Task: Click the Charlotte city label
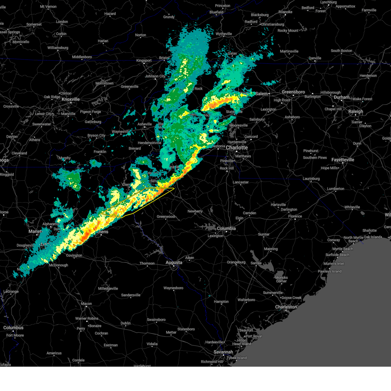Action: tap(237, 148)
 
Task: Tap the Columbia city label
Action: tap(226, 228)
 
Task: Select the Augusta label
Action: tap(174, 262)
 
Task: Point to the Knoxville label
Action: tap(70, 99)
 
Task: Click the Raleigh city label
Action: tap(355, 111)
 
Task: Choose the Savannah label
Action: tap(223, 352)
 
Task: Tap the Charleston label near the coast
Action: tap(286, 307)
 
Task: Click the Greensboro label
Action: tap(293, 92)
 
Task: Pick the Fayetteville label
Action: tap(343, 160)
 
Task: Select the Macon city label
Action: tap(86, 304)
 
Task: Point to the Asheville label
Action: tap(145, 124)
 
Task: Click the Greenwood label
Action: tap(166, 217)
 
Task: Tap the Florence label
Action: tap(295, 216)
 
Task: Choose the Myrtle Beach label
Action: tap(342, 249)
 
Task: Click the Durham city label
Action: tap(341, 97)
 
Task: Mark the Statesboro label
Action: tap(186, 329)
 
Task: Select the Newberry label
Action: tap(195, 211)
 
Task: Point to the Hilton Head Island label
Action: tap(241, 342)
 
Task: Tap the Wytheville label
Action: tap(224, 34)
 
